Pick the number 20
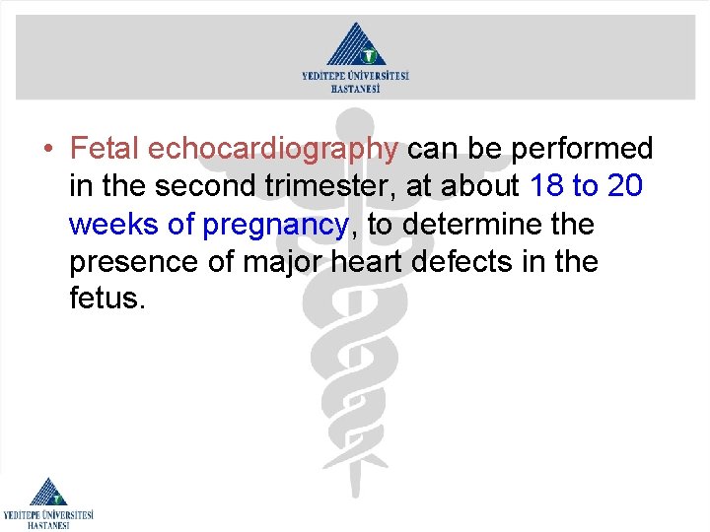(x=627, y=186)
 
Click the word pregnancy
(x=275, y=226)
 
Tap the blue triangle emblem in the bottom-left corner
(x=46, y=492)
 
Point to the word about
(x=483, y=186)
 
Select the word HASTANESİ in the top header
(x=355, y=88)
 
